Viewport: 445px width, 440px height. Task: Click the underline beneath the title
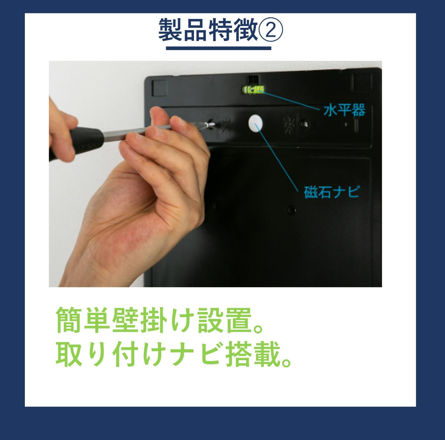pyautogui.click(x=218, y=48)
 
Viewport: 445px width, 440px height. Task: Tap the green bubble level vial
pyautogui.click(x=254, y=90)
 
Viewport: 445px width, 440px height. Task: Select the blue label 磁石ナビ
pyautogui.click(x=332, y=192)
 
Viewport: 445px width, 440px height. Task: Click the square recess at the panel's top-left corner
pyautogui.click(x=159, y=88)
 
